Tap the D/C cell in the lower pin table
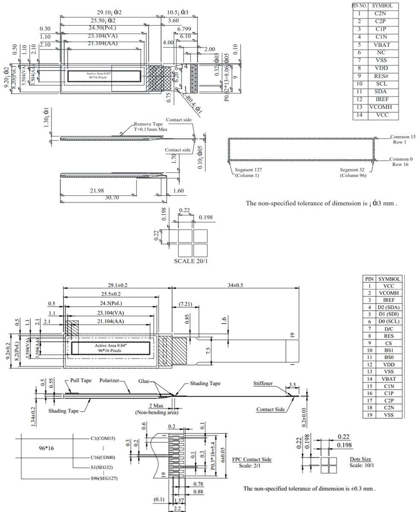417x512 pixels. [389, 329]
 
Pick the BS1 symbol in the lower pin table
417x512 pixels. [389, 350]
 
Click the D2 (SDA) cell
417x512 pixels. [389, 307]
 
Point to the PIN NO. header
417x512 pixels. [359, 6]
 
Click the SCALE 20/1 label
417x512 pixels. [191, 261]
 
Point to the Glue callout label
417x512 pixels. [144, 381]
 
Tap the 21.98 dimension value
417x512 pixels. [98, 190]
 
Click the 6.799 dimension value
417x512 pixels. [184, 29]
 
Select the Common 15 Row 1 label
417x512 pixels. [402, 139]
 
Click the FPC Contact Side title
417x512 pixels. [251, 460]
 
